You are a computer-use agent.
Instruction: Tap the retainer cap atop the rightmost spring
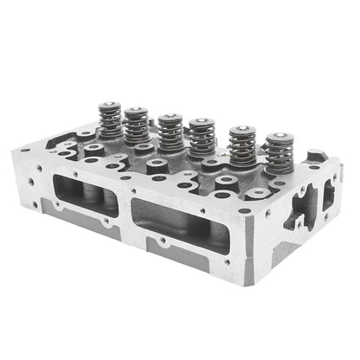[278, 139]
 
